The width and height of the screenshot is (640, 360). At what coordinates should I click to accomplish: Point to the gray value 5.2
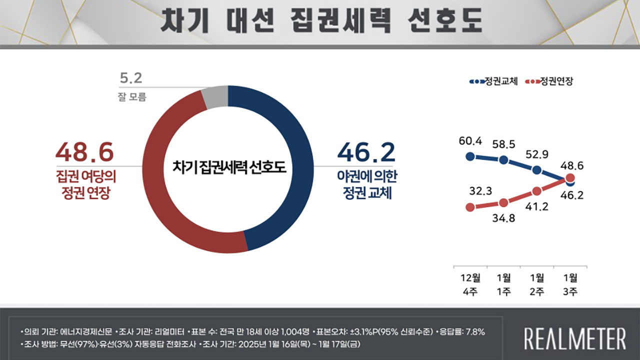pyautogui.click(x=131, y=78)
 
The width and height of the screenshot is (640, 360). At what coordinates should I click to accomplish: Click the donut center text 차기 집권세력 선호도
pyautogui.click(x=228, y=167)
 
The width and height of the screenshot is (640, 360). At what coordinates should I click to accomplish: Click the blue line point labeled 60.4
pyautogui.click(x=470, y=156)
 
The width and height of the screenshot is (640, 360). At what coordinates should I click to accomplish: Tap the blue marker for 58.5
pyautogui.click(x=504, y=160)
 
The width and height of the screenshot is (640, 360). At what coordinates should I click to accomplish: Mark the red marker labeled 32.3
pyautogui.click(x=470, y=207)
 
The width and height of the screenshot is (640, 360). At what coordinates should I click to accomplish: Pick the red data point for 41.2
pyautogui.click(x=537, y=191)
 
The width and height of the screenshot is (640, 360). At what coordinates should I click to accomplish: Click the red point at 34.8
pyautogui.click(x=504, y=203)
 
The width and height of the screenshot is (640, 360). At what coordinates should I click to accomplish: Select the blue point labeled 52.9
pyautogui.click(x=537, y=170)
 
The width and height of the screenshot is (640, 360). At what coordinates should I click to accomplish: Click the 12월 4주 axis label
pyautogui.click(x=470, y=284)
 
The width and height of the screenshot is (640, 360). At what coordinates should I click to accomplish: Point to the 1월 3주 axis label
pyautogui.click(x=570, y=284)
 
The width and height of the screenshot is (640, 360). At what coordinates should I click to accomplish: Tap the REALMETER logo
pyautogui.click(x=574, y=338)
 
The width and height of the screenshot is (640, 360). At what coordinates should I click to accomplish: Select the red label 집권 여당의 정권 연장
pyautogui.click(x=83, y=185)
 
